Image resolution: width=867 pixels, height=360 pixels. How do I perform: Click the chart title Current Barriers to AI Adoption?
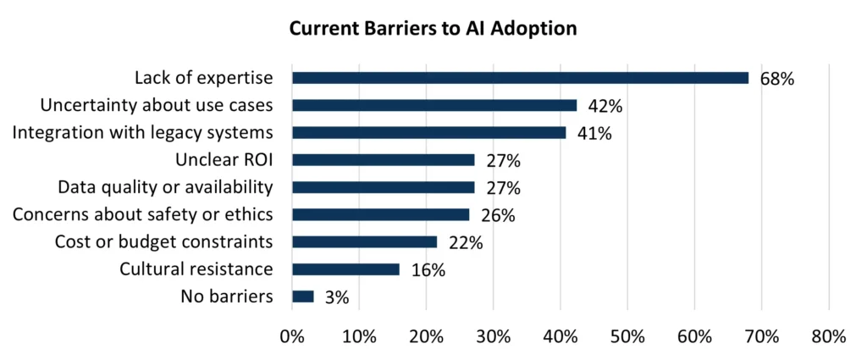433,29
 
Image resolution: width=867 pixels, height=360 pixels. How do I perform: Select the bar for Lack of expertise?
520,78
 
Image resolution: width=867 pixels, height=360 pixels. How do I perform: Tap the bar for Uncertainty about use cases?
433,106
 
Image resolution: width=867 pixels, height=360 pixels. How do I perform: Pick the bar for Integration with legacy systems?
428,133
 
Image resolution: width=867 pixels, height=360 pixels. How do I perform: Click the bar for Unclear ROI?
383,160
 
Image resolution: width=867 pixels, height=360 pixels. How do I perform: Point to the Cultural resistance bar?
345,269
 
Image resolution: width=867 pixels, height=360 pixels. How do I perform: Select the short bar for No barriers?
302,296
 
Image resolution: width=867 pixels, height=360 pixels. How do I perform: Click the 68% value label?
776,80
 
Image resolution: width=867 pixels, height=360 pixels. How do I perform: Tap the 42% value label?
605,107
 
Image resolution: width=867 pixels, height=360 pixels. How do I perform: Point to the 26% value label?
497,216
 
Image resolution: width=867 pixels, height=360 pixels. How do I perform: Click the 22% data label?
465,243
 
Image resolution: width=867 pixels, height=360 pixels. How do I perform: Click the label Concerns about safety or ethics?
143,214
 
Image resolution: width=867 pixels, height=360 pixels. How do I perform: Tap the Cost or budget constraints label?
163,242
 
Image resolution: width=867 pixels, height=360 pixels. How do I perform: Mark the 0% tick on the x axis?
292,336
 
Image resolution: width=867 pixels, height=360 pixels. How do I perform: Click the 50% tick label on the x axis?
627,336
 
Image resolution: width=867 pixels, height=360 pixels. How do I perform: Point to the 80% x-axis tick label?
828,336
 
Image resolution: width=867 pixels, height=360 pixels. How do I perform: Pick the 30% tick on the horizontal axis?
493,336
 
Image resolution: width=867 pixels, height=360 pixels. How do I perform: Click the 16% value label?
428,270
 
